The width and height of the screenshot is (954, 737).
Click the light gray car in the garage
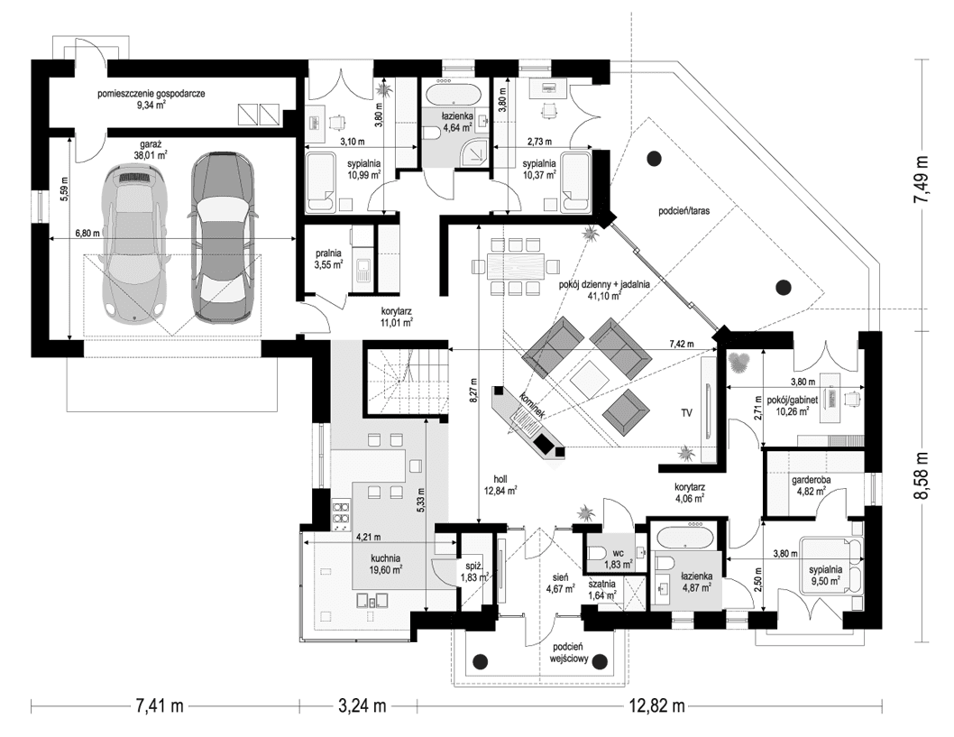point(133,242)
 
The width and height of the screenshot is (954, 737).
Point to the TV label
point(686,413)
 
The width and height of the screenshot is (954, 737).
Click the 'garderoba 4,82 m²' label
point(812,486)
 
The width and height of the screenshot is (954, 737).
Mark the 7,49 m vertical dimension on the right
point(922,180)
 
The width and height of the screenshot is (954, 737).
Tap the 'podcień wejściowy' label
point(569,653)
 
